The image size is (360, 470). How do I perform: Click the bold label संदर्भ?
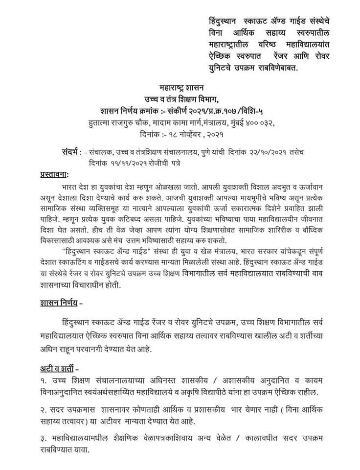pyautogui.click(x=70, y=152)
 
